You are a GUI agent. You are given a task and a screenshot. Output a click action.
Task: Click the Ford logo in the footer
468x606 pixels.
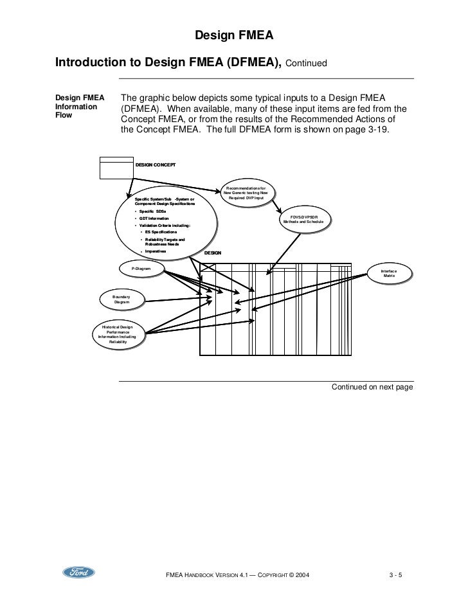(78, 573)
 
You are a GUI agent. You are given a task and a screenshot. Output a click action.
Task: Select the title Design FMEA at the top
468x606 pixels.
(233, 37)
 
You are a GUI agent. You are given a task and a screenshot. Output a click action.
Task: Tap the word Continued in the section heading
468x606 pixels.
(306, 64)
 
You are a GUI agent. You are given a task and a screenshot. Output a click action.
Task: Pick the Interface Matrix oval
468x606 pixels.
(389, 274)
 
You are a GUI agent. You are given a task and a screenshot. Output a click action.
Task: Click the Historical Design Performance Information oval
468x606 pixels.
(117, 335)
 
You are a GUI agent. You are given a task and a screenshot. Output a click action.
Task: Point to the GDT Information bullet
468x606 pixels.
(152, 218)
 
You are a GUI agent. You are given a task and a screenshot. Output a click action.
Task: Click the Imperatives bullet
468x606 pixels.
(155, 251)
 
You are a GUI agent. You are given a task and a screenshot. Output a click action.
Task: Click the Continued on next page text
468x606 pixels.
(371, 388)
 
